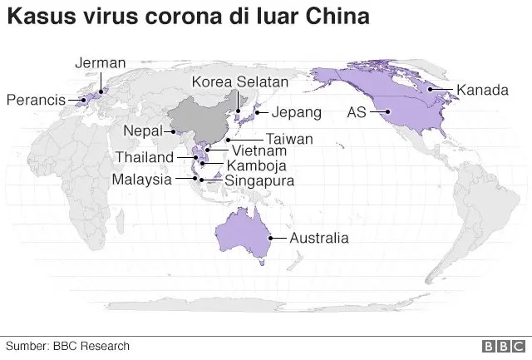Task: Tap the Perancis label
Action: point(36,101)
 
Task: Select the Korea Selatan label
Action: point(239,81)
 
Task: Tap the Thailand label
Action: point(145,157)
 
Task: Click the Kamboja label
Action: point(244,165)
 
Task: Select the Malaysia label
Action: point(142,179)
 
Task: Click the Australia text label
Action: point(318,238)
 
